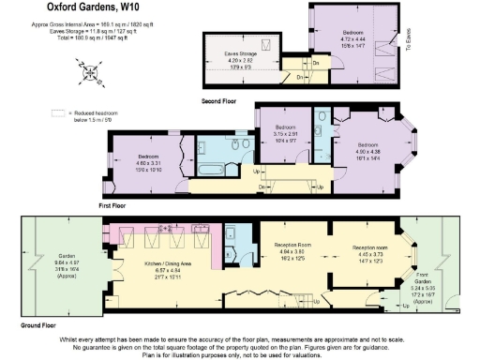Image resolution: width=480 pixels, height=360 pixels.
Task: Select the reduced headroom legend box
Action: tap(58, 112)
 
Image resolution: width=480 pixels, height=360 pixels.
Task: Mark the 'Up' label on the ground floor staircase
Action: tap(316, 303)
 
